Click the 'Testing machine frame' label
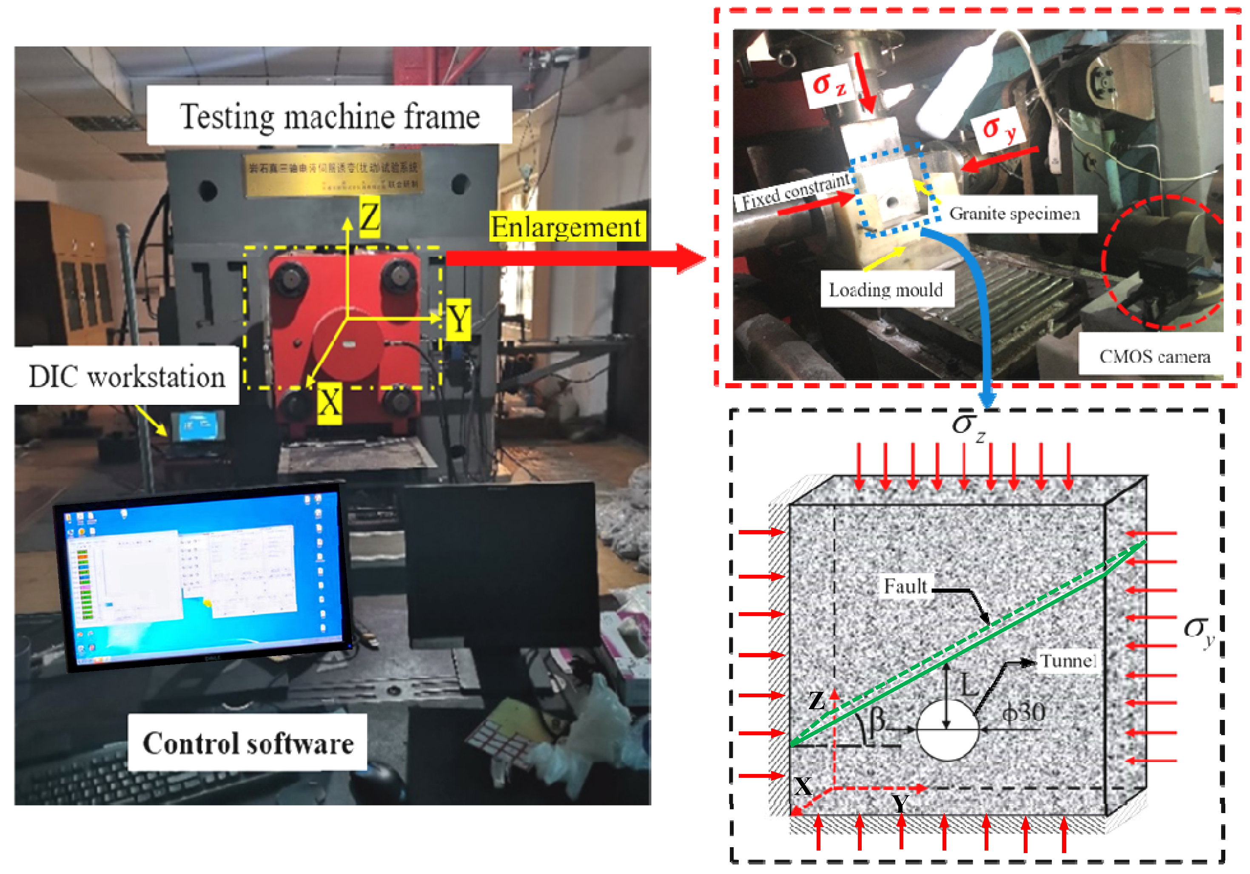329,116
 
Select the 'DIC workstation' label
127,376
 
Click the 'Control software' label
248,743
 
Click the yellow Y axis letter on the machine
458,319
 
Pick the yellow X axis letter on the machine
329,403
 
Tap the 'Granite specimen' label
1014,214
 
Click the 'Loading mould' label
886,289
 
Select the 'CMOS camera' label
1154,356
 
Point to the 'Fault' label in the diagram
905,586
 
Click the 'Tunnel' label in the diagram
1067,661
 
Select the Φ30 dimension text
1023,712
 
